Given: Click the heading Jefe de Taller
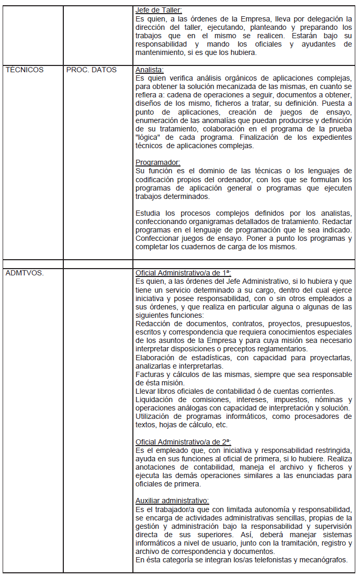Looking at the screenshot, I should coord(158,10).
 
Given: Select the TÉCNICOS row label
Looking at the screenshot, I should coord(24,69).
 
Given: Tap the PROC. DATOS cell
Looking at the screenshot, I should coord(92,69).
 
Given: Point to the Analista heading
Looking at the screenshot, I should coord(150,69).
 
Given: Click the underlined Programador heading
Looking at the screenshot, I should coord(157,162).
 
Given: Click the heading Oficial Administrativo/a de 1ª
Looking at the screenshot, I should coord(183,273).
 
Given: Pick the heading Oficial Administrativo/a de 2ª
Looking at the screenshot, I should coord(183,441).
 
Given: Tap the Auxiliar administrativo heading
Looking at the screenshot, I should coord(172,500).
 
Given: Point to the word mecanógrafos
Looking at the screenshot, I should coord(322,559).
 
